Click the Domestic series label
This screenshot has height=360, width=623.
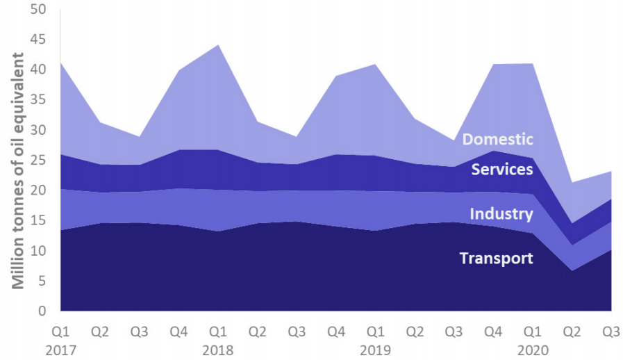[497, 139]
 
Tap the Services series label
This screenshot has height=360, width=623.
[502, 169]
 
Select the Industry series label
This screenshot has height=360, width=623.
[501, 213]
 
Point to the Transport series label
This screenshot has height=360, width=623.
[496, 259]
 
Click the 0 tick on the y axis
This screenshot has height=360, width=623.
[42, 311]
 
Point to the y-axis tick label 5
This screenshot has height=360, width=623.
[42, 281]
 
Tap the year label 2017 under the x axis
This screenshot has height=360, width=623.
[60, 350]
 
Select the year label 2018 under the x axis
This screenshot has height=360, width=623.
[218, 350]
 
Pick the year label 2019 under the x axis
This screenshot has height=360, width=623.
[375, 350]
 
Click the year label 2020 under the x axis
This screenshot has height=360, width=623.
[533, 350]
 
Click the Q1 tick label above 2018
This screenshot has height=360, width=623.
[218, 331]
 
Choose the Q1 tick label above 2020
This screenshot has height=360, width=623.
[533, 331]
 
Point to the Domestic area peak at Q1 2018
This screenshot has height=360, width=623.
[218, 46]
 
